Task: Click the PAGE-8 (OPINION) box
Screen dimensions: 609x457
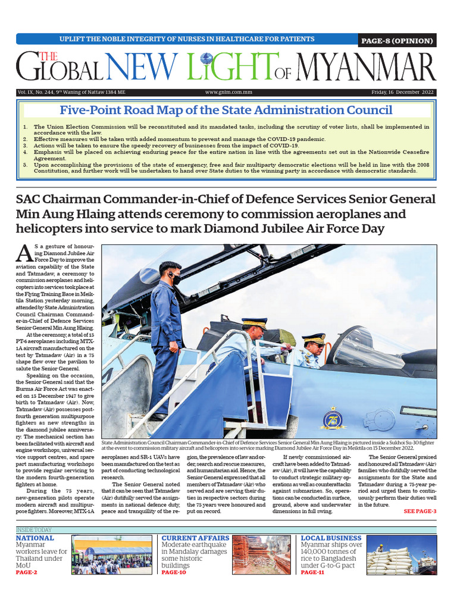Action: [x=397, y=40]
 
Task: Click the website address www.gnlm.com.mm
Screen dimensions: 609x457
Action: [x=228, y=92]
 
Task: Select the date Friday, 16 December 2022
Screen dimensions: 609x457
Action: [x=403, y=92]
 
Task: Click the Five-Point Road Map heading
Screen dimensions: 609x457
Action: [x=226, y=110]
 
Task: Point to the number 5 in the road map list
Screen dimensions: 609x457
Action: [x=25, y=164]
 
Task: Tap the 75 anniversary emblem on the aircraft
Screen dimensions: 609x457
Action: [x=331, y=419]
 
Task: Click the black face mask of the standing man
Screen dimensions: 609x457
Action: [x=176, y=280]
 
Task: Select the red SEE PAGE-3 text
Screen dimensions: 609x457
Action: [x=420, y=511]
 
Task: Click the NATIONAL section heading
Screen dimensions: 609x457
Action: [x=35, y=538]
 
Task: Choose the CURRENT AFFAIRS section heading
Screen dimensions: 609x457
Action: [x=194, y=538]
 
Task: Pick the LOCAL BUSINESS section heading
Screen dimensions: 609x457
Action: [x=331, y=538]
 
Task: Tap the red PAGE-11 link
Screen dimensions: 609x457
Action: [x=312, y=572]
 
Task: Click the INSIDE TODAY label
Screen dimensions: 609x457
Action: [x=34, y=530]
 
